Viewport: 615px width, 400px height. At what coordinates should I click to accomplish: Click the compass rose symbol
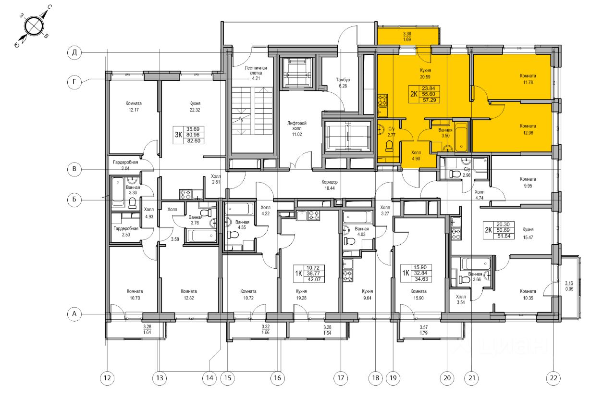[x=34, y=26]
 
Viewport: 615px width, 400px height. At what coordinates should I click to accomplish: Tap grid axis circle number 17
[x=341, y=378]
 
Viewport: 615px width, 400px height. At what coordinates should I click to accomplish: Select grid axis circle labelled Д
[x=74, y=52]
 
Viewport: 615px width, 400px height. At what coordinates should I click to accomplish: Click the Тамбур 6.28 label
[x=343, y=83]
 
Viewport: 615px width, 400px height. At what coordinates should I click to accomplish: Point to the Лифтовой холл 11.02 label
[x=297, y=128]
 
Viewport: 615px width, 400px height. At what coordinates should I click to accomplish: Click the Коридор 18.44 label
[x=330, y=185]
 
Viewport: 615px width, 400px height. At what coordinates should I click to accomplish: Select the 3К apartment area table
[x=189, y=135]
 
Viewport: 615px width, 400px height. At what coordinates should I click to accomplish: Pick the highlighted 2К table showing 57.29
[x=424, y=94]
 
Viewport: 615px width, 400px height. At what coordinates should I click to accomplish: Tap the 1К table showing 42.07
[x=309, y=274]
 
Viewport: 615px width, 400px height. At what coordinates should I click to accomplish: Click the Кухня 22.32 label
[x=195, y=107]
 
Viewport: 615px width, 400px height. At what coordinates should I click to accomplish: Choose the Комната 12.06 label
[x=528, y=129]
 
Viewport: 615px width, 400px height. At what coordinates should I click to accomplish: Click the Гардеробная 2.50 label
[x=126, y=231]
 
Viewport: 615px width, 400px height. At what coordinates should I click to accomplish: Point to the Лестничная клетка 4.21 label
[x=256, y=73]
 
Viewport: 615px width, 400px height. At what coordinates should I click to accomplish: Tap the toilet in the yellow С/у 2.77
[x=389, y=146]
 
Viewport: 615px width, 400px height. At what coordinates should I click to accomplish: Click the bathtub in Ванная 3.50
[x=461, y=137]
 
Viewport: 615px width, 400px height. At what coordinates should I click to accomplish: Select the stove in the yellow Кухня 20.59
[x=382, y=100]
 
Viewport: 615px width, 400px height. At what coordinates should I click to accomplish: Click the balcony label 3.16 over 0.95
[x=569, y=286]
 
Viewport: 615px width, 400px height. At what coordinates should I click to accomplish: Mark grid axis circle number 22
[x=553, y=378]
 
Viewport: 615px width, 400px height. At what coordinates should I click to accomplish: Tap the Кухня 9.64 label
[x=367, y=295]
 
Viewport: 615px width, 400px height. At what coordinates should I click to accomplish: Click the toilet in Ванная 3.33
[x=132, y=203]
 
